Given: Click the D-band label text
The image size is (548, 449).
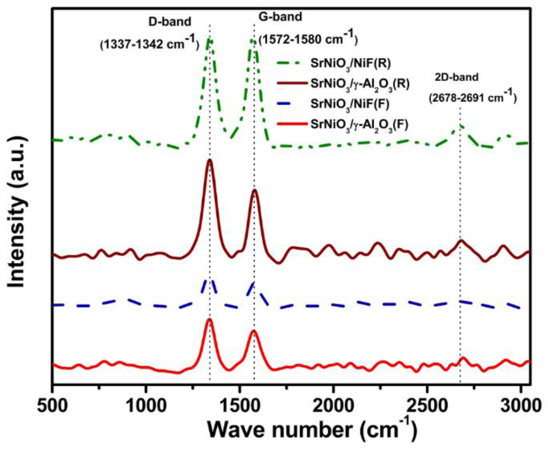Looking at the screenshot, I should point(170,22).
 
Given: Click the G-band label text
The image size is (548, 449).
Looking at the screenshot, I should point(280,17).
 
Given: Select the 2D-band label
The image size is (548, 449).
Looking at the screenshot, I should point(456,77).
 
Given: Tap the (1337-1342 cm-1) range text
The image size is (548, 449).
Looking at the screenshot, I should point(149,44).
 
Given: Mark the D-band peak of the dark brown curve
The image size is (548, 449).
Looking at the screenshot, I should point(210,160).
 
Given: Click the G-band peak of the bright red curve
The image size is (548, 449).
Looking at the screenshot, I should point(254,330).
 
